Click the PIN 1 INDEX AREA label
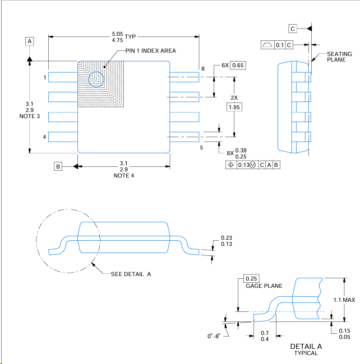[150, 50]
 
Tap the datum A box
[30, 41]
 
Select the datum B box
[58, 166]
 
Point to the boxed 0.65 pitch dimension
[238, 66]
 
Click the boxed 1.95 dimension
[234, 107]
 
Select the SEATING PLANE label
[339, 57]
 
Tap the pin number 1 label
[44, 77]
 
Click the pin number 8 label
[203, 69]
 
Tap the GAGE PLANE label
[264, 286]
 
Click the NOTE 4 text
[124, 175]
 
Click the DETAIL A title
[306, 346]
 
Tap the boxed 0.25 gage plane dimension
[251, 278]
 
